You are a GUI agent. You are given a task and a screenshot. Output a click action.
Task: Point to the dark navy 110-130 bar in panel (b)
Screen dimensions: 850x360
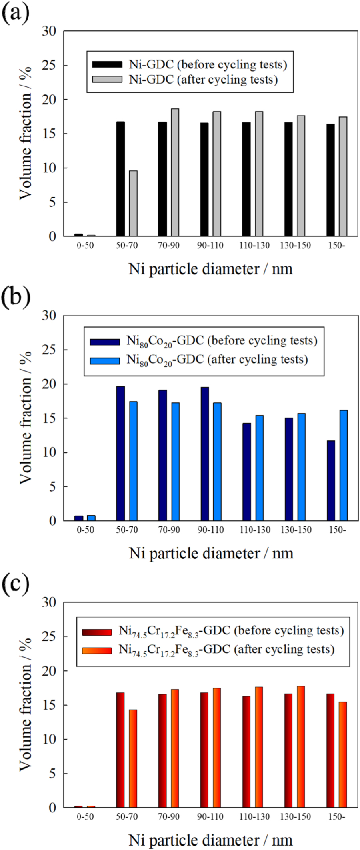[x=247, y=472]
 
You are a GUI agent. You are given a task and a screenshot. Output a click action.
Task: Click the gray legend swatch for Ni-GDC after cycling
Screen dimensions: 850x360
[x=107, y=79]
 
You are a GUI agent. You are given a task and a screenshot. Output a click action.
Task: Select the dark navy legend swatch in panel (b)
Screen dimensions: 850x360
[x=105, y=342]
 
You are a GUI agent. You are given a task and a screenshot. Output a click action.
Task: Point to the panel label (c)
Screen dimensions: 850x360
[x=16, y=584]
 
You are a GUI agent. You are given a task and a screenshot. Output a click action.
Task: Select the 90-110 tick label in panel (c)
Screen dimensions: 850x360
[x=210, y=816]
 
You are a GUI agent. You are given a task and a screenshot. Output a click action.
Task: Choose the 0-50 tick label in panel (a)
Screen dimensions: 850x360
[x=85, y=245]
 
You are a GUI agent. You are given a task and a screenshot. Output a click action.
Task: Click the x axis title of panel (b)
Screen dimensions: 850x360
[x=211, y=554]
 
